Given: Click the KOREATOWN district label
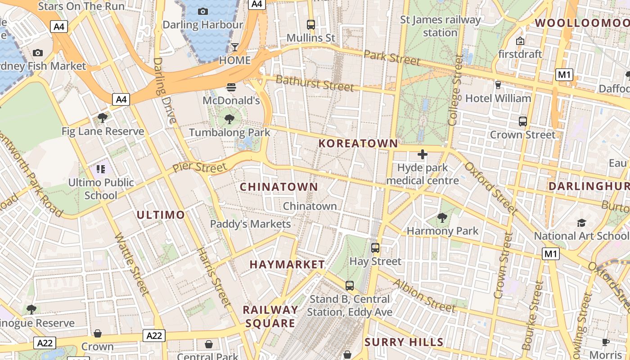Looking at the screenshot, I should (x=358, y=144).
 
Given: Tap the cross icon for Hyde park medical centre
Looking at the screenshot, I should (x=423, y=155).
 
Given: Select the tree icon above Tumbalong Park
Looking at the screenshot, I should (x=229, y=119).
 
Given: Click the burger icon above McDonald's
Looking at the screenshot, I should (x=231, y=87).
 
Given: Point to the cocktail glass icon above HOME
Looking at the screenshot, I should (x=235, y=47).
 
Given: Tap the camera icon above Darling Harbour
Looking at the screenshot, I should (x=203, y=11).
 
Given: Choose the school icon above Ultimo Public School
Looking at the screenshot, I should (x=100, y=169).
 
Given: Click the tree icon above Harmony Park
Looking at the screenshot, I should (x=442, y=218).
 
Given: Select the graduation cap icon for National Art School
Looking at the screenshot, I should (x=581, y=223).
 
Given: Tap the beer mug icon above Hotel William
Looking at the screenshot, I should (x=498, y=85).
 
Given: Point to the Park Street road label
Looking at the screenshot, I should (x=392, y=57).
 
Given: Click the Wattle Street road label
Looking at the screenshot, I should (x=131, y=264).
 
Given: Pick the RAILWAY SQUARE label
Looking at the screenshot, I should (x=270, y=316).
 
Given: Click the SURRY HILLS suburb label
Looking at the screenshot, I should (x=404, y=342).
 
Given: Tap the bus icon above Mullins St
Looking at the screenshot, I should (x=311, y=25).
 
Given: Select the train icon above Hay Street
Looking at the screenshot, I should (x=375, y=247).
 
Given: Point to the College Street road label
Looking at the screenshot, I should (x=455, y=90).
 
